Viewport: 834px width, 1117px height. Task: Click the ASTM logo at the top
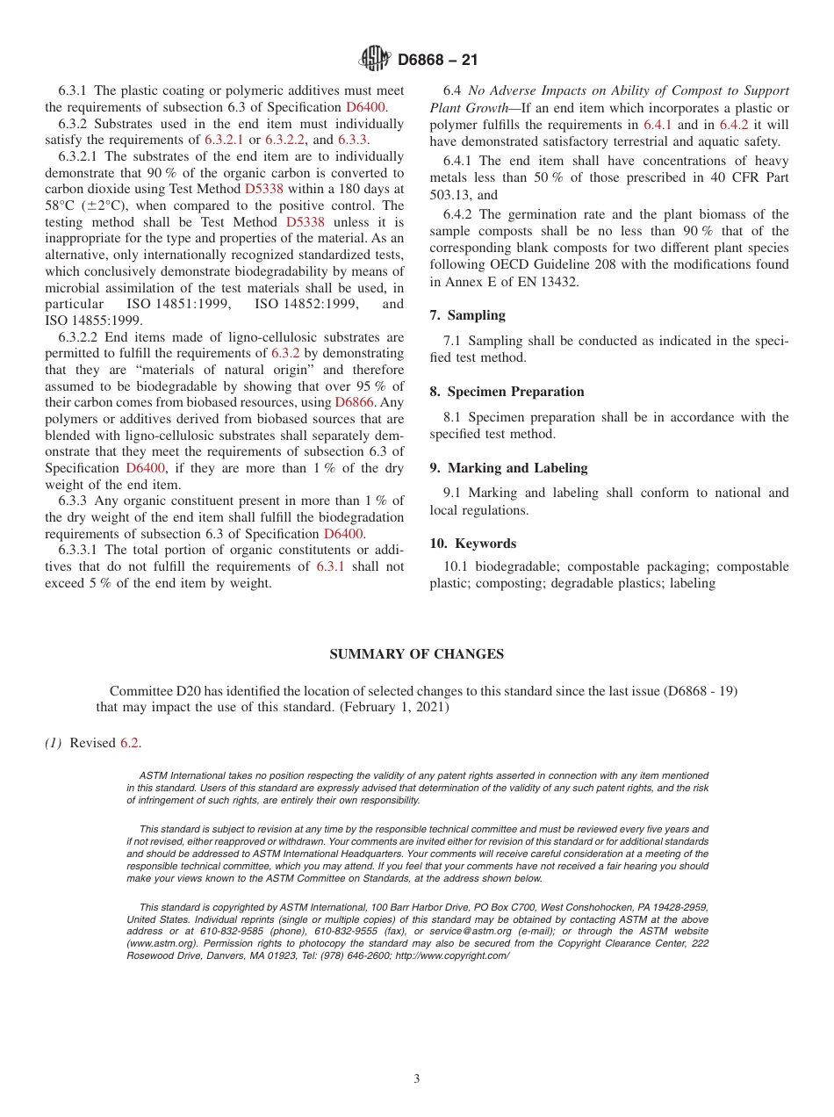pyautogui.click(x=374, y=60)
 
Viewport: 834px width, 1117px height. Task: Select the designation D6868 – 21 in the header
pyautogui.click(x=437, y=61)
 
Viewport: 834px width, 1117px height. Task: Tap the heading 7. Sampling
pyautogui.click(x=467, y=315)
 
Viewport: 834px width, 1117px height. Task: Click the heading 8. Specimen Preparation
pyautogui.click(x=507, y=392)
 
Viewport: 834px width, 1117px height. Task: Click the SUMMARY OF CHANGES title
pyautogui.click(x=416, y=654)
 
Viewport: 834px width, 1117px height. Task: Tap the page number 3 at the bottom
pyautogui.click(x=417, y=1079)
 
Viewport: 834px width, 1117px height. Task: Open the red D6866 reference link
pyautogui.click(x=354, y=402)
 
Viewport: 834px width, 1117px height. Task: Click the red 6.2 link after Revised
pyautogui.click(x=129, y=743)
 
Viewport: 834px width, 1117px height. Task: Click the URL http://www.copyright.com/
pyautogui.click(x=451, y=955)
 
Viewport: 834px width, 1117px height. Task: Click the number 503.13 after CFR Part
pyautogui.click(x=449, y=195)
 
